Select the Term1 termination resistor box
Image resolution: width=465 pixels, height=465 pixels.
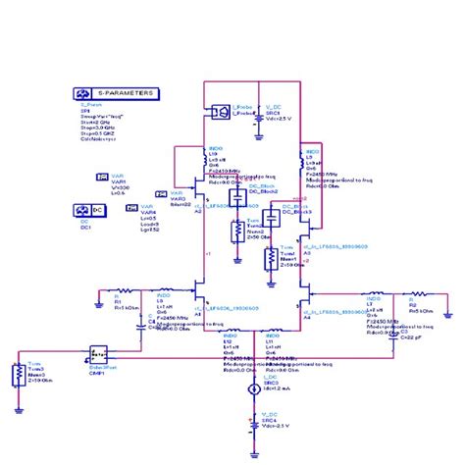tap(271, 258)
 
